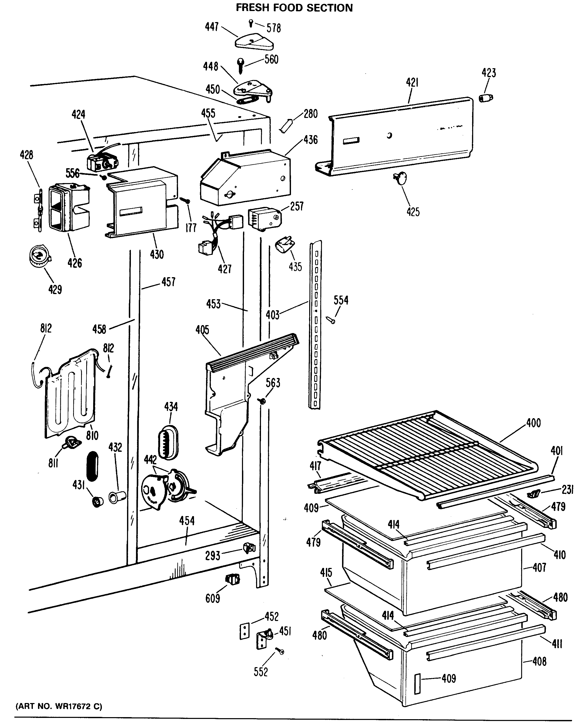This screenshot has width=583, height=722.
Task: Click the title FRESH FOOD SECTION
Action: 294,8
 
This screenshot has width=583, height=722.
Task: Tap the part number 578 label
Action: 274,28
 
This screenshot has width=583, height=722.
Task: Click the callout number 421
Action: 412,83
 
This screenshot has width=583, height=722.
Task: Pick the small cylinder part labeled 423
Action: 485,98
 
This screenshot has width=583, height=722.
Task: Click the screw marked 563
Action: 262,400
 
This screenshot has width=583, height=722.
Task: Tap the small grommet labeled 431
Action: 98,502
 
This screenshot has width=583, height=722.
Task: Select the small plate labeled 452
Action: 245,631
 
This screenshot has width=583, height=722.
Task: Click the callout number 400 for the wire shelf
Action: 533,423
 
